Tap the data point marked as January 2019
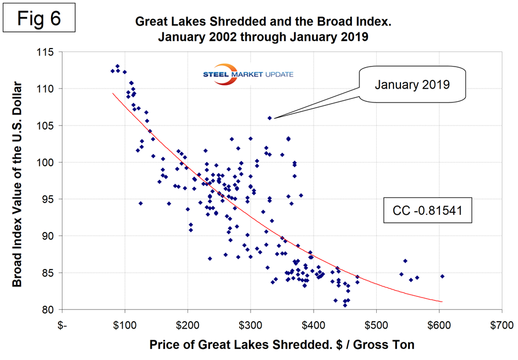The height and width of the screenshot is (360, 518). (x=270, y=117)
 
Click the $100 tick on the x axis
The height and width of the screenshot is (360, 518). (x=124, y=325)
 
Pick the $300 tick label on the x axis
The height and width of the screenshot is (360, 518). (x=250, y=325)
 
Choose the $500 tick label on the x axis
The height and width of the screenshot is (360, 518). (x=376, y=325)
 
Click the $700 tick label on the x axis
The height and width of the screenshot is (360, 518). (x=501, y=325)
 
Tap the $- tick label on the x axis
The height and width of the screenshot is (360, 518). (x=63, y=325)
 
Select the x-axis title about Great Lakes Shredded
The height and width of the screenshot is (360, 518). (x=282, y=345)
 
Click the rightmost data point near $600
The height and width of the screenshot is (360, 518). (x=442, y=276)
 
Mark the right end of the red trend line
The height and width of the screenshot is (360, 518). (x=442, y=301)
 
